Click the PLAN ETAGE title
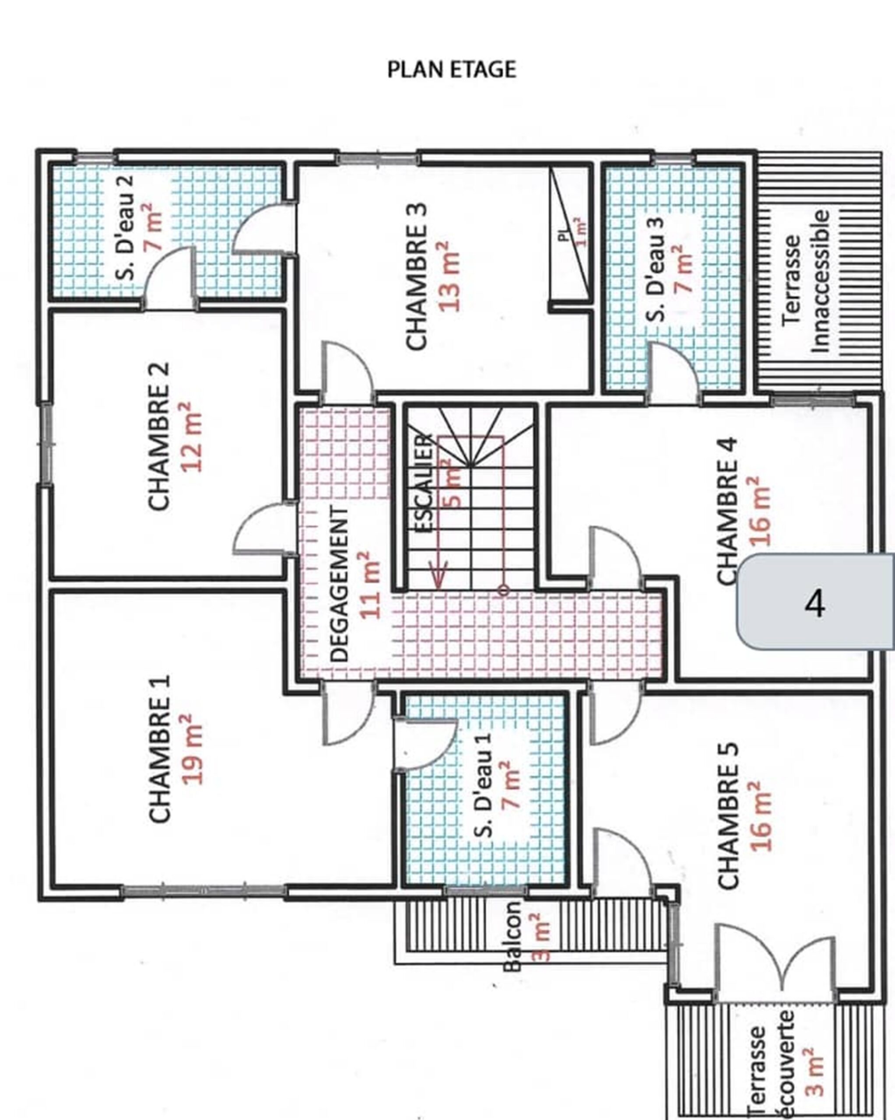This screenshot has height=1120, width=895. (452, 70)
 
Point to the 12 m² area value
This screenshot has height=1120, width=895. (192, 436)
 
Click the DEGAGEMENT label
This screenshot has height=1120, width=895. (340, 584)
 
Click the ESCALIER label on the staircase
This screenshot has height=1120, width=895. (424, 483)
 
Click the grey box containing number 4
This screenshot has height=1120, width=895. (816, 602)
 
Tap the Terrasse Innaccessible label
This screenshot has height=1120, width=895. (806, 281)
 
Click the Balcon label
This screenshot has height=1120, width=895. (512, 935)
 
